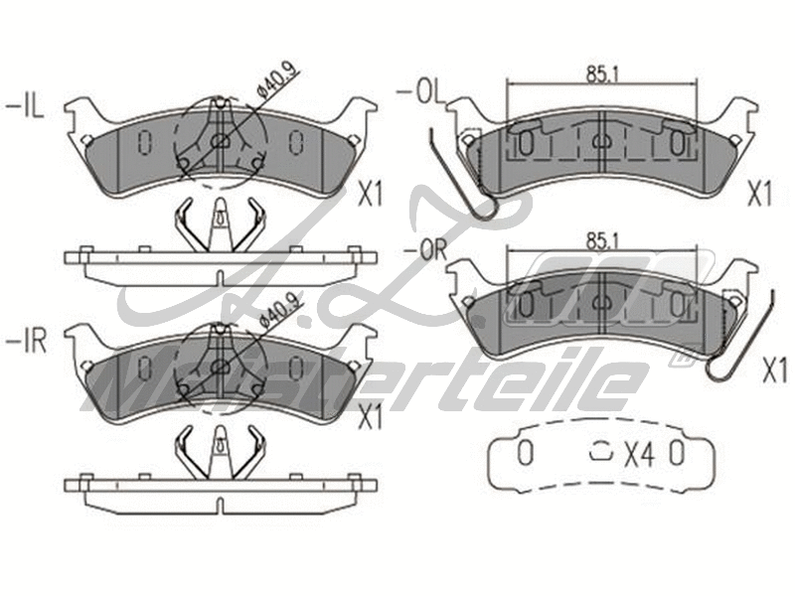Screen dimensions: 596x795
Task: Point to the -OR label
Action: coord(419,249)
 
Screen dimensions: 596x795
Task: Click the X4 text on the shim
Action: coord(639,455)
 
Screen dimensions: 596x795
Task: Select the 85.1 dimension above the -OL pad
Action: coord(597,73)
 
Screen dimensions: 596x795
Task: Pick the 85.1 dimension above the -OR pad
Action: coord(597,239)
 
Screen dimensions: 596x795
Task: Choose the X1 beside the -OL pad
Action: coord(759,194)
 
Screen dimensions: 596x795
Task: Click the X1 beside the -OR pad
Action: coord(774,372)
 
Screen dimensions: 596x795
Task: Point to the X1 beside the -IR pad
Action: coord(369,417)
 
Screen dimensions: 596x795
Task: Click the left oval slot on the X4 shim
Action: coord(525,454)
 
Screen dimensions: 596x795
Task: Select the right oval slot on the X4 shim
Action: coord(676,454)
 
